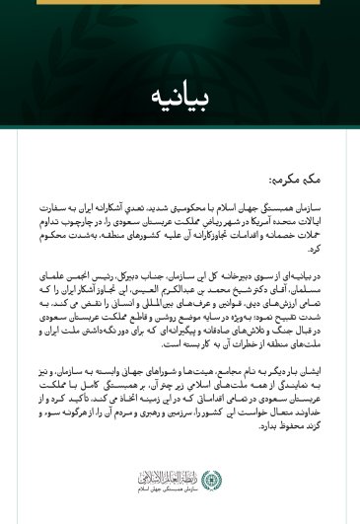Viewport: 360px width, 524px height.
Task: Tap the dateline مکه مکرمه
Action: point(297,181)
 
